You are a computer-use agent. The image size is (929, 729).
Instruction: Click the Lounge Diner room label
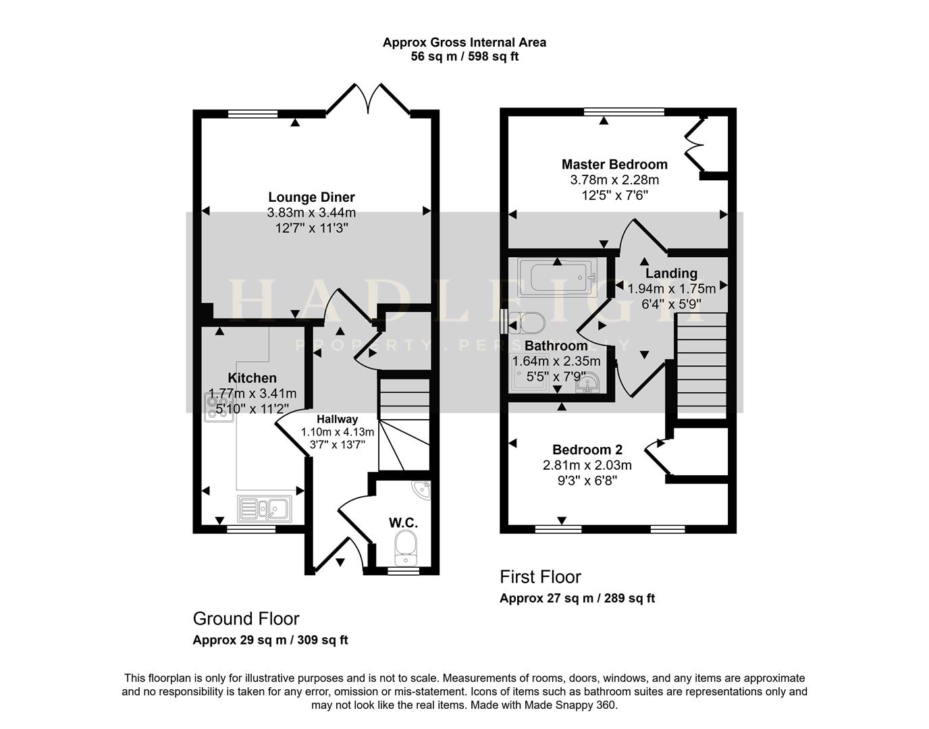(311, 197)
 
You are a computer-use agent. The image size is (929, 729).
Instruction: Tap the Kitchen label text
(252, 378)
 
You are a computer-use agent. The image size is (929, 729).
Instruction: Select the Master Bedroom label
(614, 164)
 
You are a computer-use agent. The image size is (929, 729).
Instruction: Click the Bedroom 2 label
(587, 450)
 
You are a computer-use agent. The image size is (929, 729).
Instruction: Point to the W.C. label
(403, 522)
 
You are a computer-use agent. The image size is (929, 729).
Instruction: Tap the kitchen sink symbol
(263, 508)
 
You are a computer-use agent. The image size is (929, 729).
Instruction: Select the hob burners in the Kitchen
(219, 407)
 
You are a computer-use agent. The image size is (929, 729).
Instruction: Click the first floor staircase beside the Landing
(701, 364)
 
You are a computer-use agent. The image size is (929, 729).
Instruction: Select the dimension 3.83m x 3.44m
(311, 213)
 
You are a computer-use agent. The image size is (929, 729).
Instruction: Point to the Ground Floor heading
(246, 618)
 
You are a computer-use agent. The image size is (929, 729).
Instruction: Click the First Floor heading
(540, 577)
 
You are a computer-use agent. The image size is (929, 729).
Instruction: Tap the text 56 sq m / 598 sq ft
(464, 57)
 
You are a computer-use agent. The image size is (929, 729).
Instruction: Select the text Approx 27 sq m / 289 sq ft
(577, 598)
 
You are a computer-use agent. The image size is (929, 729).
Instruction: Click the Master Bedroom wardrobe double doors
(694, 144)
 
